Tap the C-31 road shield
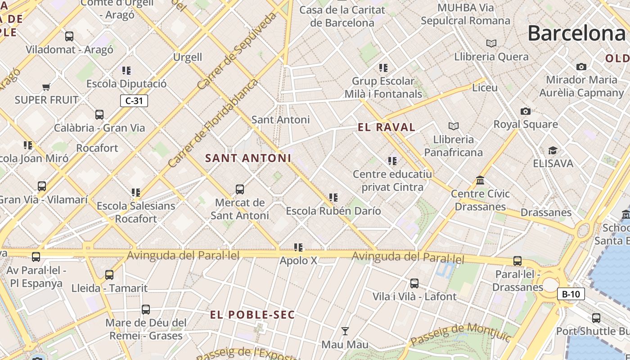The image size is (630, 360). (x=134, y=101)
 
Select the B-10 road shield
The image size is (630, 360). (x=571, y=294)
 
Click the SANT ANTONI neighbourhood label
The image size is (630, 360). (x=248, y=158)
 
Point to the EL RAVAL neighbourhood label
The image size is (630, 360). (x=387, y=127)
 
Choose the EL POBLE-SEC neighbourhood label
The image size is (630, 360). (x=252, y=315)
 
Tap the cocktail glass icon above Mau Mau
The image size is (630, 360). (x=345, y=331)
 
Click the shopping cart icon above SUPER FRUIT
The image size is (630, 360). (x=46, y=86)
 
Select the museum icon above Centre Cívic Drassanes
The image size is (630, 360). (x=480, y=180)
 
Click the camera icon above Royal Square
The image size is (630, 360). (x=525, y=111)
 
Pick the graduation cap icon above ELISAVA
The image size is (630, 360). (x=553, y=150)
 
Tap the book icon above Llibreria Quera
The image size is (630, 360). (x=491, y=43)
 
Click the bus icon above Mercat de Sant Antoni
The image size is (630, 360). (x=240, y=189)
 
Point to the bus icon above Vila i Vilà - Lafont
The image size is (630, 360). (x=414, y=283)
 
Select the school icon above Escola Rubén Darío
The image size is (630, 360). (x=333, y=198)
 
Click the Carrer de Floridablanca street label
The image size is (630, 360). (x=213, y=123)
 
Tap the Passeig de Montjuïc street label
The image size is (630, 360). (x=455, y=335)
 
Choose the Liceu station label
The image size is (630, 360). (x=485, y=87)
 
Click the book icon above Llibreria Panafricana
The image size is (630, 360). (x=454, y=126)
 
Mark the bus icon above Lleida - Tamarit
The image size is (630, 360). (x=109, y=275)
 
